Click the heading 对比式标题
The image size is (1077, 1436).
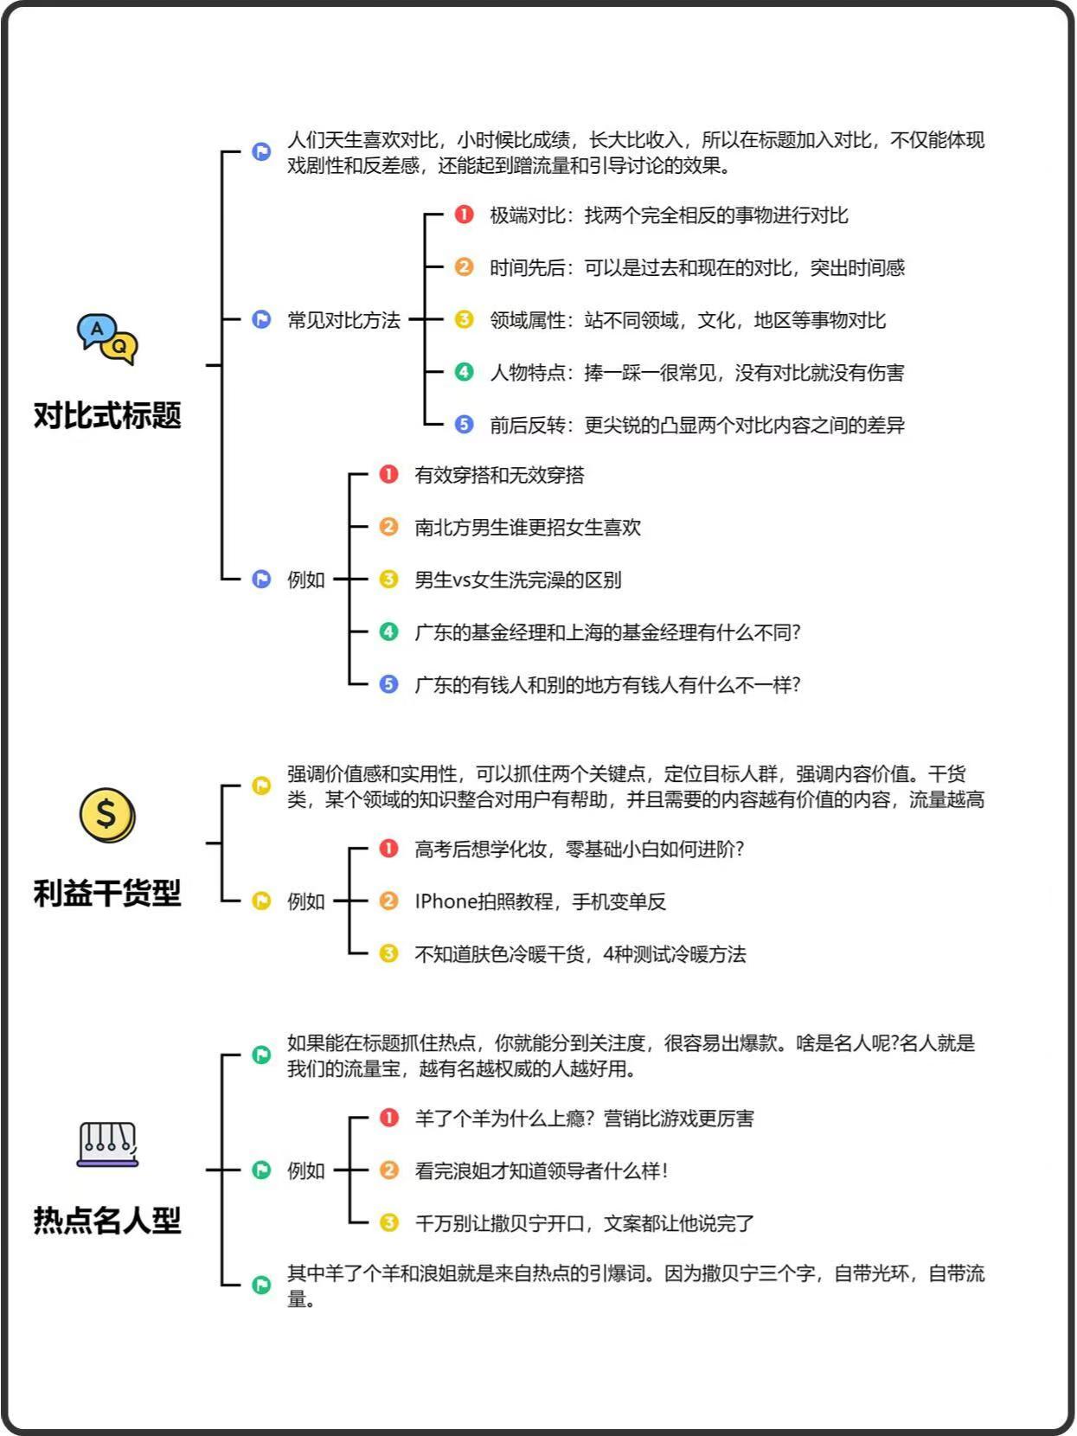tap(107, 415)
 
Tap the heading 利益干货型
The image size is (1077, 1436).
tap(107, 893)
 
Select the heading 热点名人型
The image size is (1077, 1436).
tap(107, 1220)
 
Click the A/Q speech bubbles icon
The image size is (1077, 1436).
tap(107, 339)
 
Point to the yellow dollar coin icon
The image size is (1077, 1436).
tap(107, 815)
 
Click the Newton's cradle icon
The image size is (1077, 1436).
tap(108, 1144)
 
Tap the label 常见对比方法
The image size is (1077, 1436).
tap(344, 320)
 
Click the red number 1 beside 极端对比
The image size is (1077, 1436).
tap(465, 215)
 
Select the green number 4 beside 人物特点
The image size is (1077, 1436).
tap(465, 372)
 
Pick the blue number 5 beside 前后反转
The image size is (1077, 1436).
tap(465, 425)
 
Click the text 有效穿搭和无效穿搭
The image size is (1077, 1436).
tap(500, 475)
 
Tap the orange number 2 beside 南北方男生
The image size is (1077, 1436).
tap(389, 527)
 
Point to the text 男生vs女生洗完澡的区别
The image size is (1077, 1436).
tap(518, 580)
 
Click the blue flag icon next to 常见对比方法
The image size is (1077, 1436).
tap(261, 320)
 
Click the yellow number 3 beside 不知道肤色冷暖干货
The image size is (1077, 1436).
tap(389, 953)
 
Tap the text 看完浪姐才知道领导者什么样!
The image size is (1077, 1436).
tap(542, 1170)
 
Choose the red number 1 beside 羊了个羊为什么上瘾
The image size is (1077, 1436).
tap(389, 1118)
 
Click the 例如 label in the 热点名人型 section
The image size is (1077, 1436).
tap(306, 1170)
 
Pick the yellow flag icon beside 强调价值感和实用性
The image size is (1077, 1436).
tap(261, 785)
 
